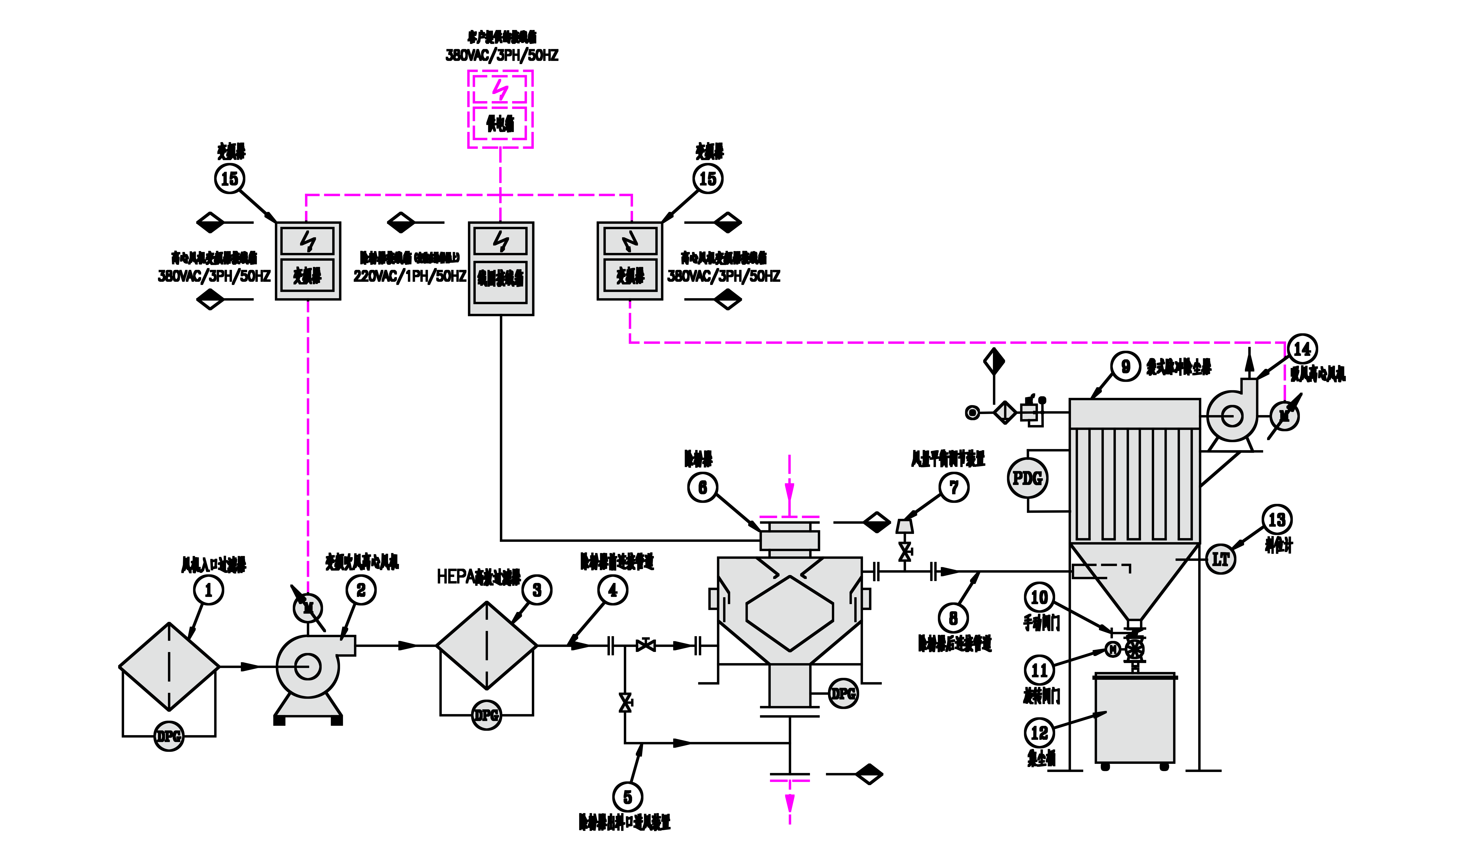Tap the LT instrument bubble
click(x=1221, y=559)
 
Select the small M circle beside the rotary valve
click(x=1112, y=650)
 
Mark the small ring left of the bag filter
click(x=972, y=412)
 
